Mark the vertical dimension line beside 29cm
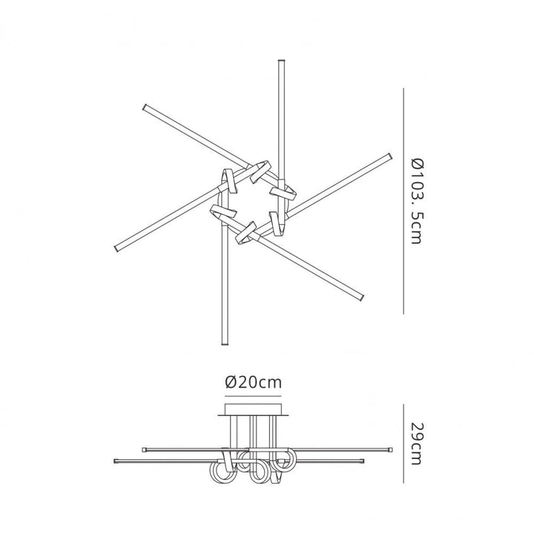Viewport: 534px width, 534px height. (x=403, y=444)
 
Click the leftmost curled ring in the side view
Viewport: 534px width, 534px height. (x=221, y=472)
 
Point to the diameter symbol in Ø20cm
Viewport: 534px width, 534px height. (x=231, y=383)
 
